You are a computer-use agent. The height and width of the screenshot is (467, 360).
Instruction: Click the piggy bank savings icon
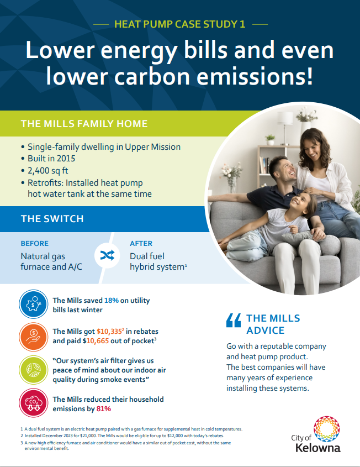coord(33,305)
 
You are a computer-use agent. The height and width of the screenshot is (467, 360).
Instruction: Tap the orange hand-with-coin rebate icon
coord(33,337)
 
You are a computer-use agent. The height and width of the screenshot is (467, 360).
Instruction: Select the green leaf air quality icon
coord(33,370)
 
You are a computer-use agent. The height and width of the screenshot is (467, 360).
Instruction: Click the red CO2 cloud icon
coord(33,403)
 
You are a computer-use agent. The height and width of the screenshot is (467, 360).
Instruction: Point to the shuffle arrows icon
coord(107,255)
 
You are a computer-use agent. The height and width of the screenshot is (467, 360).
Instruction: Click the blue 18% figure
coord(112,301)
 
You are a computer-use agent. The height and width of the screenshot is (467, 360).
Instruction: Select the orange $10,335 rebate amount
coord(109,332)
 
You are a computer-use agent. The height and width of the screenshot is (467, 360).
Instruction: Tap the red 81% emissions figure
coord(104,408)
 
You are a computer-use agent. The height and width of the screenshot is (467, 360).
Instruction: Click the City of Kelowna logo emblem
coord(327,429)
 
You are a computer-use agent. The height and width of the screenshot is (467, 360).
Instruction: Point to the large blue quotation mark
coord(234,321)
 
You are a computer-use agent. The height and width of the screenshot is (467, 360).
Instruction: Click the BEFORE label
coord(35,243)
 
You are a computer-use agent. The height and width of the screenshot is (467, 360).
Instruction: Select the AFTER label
coord(141,243)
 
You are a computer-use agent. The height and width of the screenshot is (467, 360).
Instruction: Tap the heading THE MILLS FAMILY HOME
coord(84,124)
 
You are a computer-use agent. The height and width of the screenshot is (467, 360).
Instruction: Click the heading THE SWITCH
coord(52,219)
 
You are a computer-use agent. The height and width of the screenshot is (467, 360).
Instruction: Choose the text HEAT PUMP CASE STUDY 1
coord(180,24)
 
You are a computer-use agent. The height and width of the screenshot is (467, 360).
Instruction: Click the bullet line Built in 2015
coord(51,159)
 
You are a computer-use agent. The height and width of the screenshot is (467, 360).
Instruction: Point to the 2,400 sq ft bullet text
coord(47,171)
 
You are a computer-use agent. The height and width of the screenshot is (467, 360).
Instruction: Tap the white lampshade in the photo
coord(285,118)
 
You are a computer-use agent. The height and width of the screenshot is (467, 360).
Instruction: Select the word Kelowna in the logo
coord(318,448)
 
